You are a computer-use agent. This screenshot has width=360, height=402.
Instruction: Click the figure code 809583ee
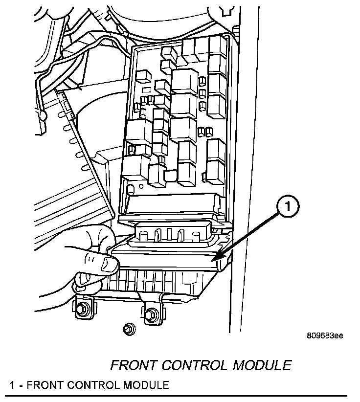point(325,336)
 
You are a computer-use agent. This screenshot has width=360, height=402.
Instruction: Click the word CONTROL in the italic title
point(199,365)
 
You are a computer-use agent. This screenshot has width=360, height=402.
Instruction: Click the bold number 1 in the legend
point(12,385)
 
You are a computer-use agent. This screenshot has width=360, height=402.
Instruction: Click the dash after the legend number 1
point(20,385)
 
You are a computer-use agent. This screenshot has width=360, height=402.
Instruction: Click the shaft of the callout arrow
point(249,234)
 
